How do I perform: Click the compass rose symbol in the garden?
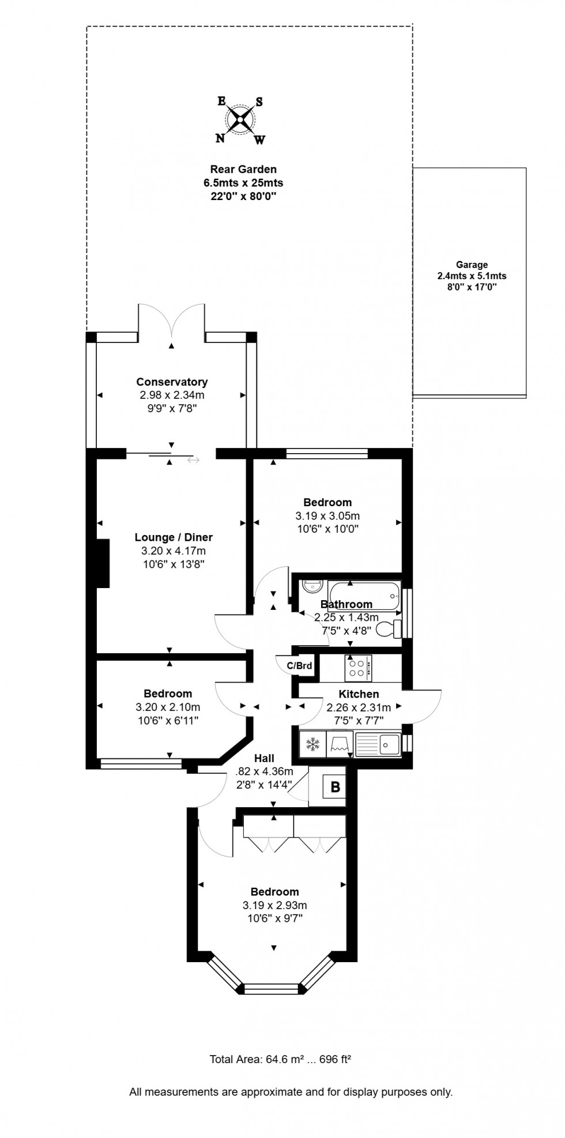click(240, 120)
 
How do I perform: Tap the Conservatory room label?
click(172, 382)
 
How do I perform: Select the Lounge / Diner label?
click(174, 537)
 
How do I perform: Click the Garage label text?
click(472, 265)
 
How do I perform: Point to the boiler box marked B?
click(335, 787)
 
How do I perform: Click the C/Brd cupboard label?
click(299, 666)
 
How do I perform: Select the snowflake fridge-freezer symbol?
click(312, 744)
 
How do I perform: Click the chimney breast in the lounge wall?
click(103, 563)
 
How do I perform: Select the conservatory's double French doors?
click(171, 320)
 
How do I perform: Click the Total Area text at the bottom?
click(280, 1059)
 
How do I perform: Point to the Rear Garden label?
click(243, 169)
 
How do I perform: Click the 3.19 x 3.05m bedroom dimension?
click(327, 516)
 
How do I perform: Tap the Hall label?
click(264, 759)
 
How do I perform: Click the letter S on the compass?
click(259, 102)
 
